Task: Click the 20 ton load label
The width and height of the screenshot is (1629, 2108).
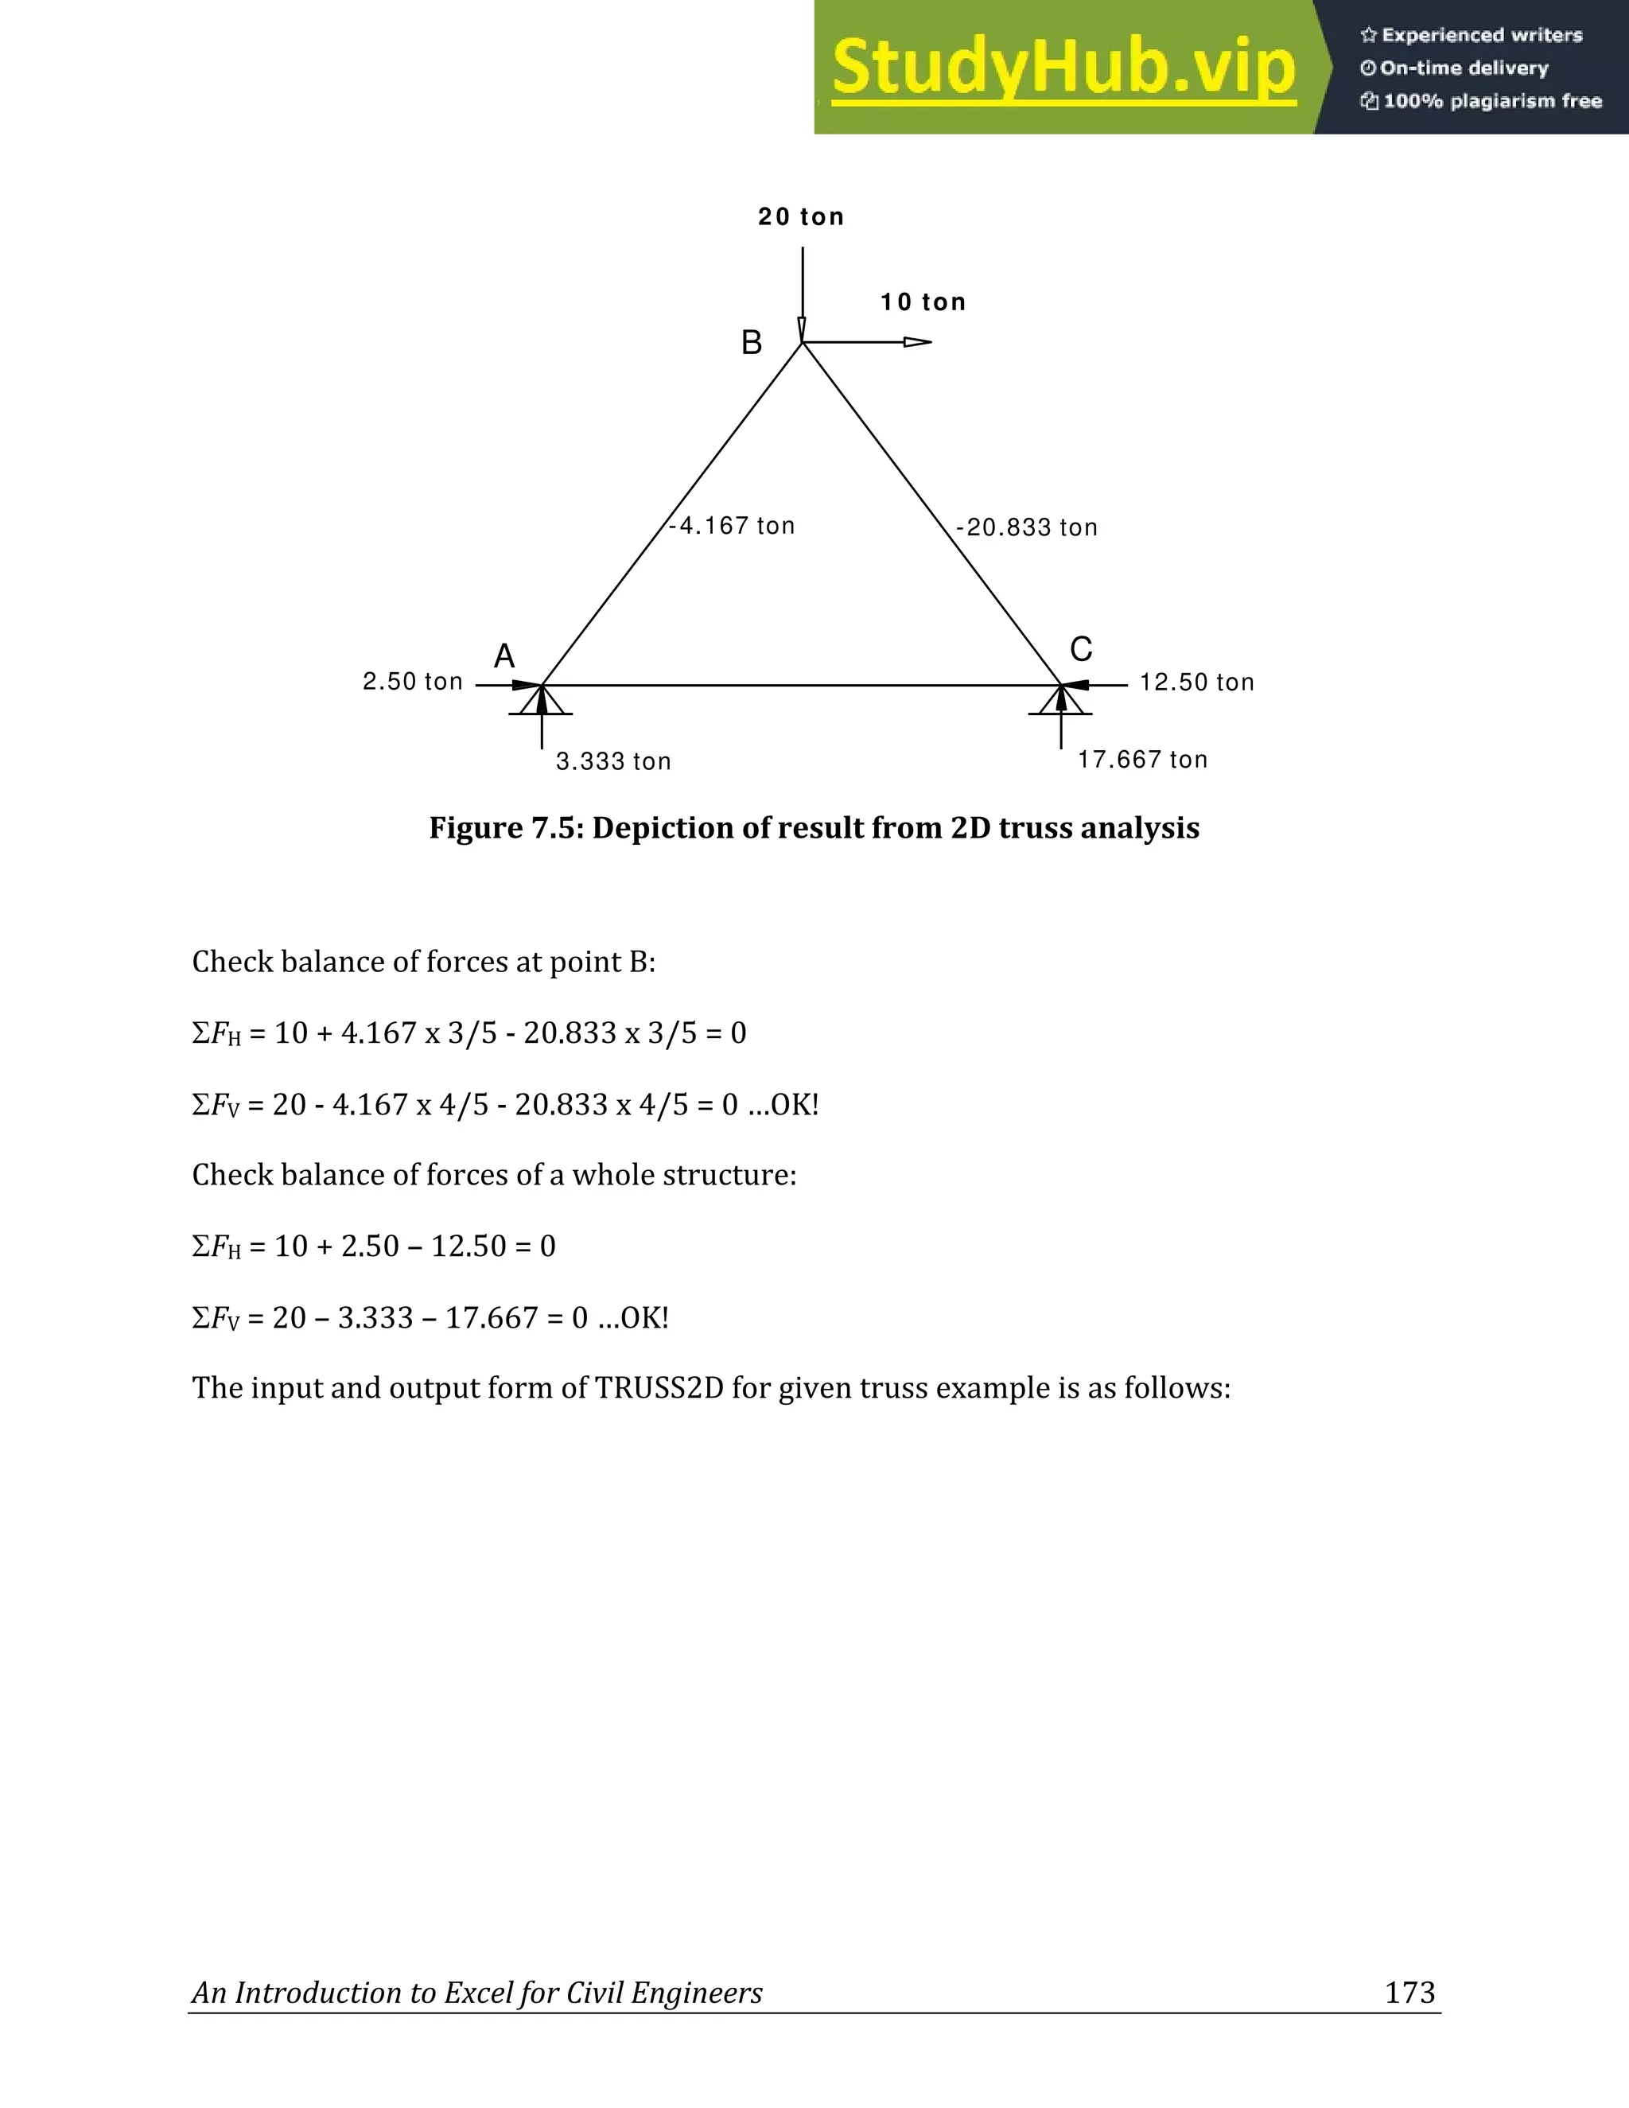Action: coord(801,217)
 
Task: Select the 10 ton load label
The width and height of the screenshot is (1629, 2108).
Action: coord(923,302)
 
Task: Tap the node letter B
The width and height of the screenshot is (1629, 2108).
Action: coord(751,343)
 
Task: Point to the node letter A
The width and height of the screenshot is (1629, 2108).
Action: coord(503,656)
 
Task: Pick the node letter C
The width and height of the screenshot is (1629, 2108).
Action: coord(1081,648)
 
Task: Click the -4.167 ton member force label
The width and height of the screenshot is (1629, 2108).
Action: coord(733,526)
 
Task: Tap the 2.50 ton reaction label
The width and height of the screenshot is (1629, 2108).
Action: coord(413,682)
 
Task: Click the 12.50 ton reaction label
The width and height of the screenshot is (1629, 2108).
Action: coord(1196,683)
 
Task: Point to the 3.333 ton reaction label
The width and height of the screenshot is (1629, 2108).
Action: coord(614,761)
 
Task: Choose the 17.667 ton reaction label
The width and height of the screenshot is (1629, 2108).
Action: coord(1143,760)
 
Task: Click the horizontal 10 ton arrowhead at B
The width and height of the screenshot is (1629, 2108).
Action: coord(918,342)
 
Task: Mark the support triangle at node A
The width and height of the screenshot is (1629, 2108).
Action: coord(542,701)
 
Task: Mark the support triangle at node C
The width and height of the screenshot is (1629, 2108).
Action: coord(1060,701)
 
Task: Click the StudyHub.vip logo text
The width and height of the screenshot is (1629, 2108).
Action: coord(1063,68)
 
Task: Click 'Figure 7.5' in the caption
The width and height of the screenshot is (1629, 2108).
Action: coord(503,828)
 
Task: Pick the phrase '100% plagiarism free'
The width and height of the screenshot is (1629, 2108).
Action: coord(1492,101)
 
